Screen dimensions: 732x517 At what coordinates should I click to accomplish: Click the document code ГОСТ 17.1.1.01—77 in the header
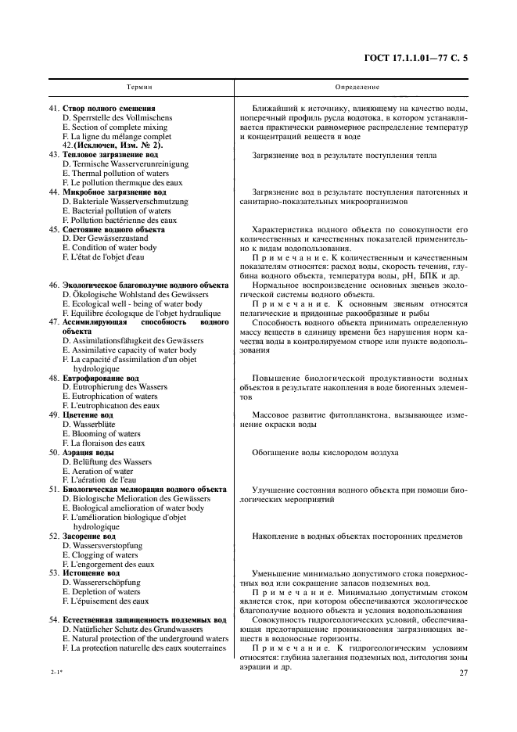click(x=427, y=57)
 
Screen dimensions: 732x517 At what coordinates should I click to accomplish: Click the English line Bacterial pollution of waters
click(x=117, y=211)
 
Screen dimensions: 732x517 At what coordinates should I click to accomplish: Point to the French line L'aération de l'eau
click(x=109, y=479)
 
